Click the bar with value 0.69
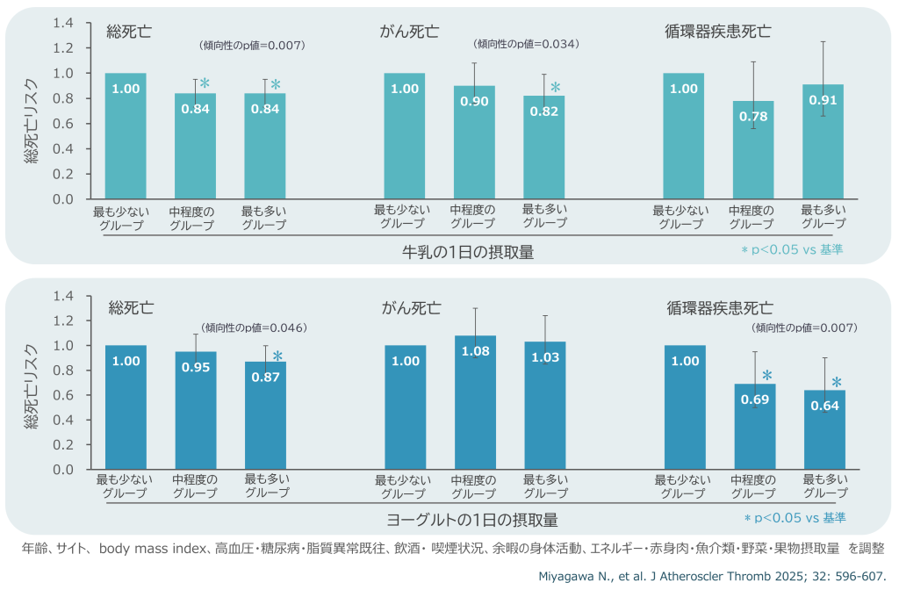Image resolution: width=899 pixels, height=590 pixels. tap(755, 426)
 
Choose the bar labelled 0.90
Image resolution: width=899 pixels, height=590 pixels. tap(474, 142)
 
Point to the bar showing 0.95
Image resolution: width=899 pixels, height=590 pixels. tap(196, 410)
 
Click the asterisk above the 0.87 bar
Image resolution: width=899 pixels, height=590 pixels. tap(277, 356)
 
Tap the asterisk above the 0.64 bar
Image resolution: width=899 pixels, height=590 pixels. tap(837, 383)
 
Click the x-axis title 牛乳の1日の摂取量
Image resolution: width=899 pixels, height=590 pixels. tap(468, 252)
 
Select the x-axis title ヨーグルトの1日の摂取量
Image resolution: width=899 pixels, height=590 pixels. tap(472, 519)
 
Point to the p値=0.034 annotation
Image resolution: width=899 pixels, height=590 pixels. tap(527, 43)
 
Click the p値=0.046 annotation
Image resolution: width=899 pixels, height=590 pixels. tap(254, 327)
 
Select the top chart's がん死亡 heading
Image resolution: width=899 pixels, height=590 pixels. tap(409, 32)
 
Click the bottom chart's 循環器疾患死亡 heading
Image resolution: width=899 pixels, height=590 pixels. tap(720, 307)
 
